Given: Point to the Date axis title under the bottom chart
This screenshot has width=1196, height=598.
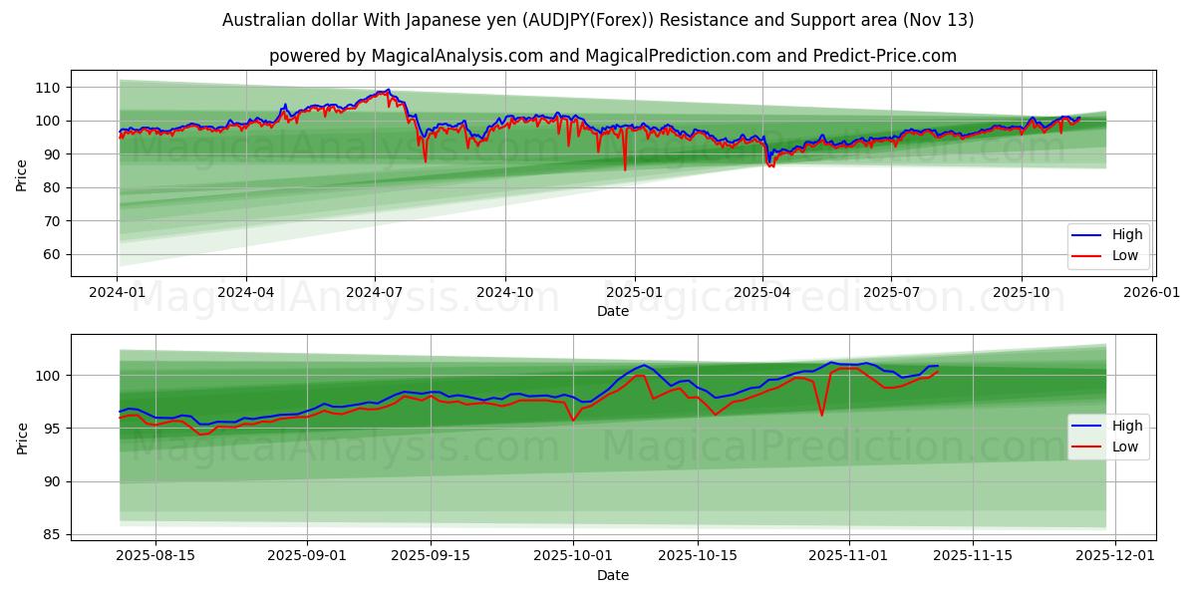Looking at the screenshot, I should (x=613, y=575).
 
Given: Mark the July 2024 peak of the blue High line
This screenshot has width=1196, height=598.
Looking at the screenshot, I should (x=388, y=90).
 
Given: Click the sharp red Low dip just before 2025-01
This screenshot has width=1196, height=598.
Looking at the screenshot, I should (x=625, y=169).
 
